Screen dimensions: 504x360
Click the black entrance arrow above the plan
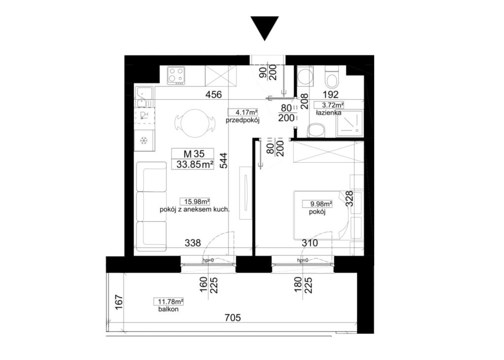(264, 28)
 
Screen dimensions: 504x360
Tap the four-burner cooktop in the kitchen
(176, 75)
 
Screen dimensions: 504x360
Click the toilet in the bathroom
(332, 77)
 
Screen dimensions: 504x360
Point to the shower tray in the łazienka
(349, 123)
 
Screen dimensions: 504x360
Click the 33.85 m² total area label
(195, 164)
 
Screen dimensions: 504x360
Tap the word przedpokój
(242, 121)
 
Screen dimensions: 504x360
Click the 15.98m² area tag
(197, 202)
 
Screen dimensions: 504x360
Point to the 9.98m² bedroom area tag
(317, 204)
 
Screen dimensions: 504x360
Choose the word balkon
(168, 309)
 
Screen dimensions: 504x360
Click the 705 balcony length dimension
(232, 318)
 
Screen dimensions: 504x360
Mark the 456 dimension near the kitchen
(214, 95)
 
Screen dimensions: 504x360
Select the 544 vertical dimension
(223, 160)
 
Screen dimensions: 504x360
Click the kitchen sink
(144, 98)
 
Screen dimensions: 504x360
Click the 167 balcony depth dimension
(119, 302)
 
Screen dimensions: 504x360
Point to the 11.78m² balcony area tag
(170, 301)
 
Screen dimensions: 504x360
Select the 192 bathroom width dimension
(331, 95)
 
